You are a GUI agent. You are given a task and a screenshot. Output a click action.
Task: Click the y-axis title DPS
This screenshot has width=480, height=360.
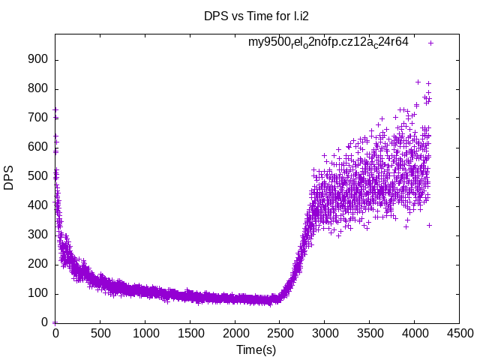(9, 178)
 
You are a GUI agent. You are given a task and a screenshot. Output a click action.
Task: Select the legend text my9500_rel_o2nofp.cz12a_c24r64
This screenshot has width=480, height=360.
(328, 42)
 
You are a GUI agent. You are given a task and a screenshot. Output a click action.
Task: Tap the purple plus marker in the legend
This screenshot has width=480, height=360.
(430, 43)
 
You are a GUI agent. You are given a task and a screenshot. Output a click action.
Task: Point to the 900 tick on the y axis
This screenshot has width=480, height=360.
(38, 60)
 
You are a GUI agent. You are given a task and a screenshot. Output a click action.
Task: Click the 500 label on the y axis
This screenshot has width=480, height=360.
(38, 177)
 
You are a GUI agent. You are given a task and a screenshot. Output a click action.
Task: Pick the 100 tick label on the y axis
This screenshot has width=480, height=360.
(38, 293)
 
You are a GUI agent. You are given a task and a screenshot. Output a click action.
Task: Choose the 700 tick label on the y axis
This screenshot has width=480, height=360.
(38, 118)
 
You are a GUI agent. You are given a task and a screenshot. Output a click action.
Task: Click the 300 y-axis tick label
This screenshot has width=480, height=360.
(38, 235)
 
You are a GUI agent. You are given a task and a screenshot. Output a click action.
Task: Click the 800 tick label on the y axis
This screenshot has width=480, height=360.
(38, 89)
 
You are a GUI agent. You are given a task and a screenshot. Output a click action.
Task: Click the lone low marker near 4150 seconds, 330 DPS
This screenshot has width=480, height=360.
(429, 225)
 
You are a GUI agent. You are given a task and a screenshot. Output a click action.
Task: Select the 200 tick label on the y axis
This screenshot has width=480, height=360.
(38, 264)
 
